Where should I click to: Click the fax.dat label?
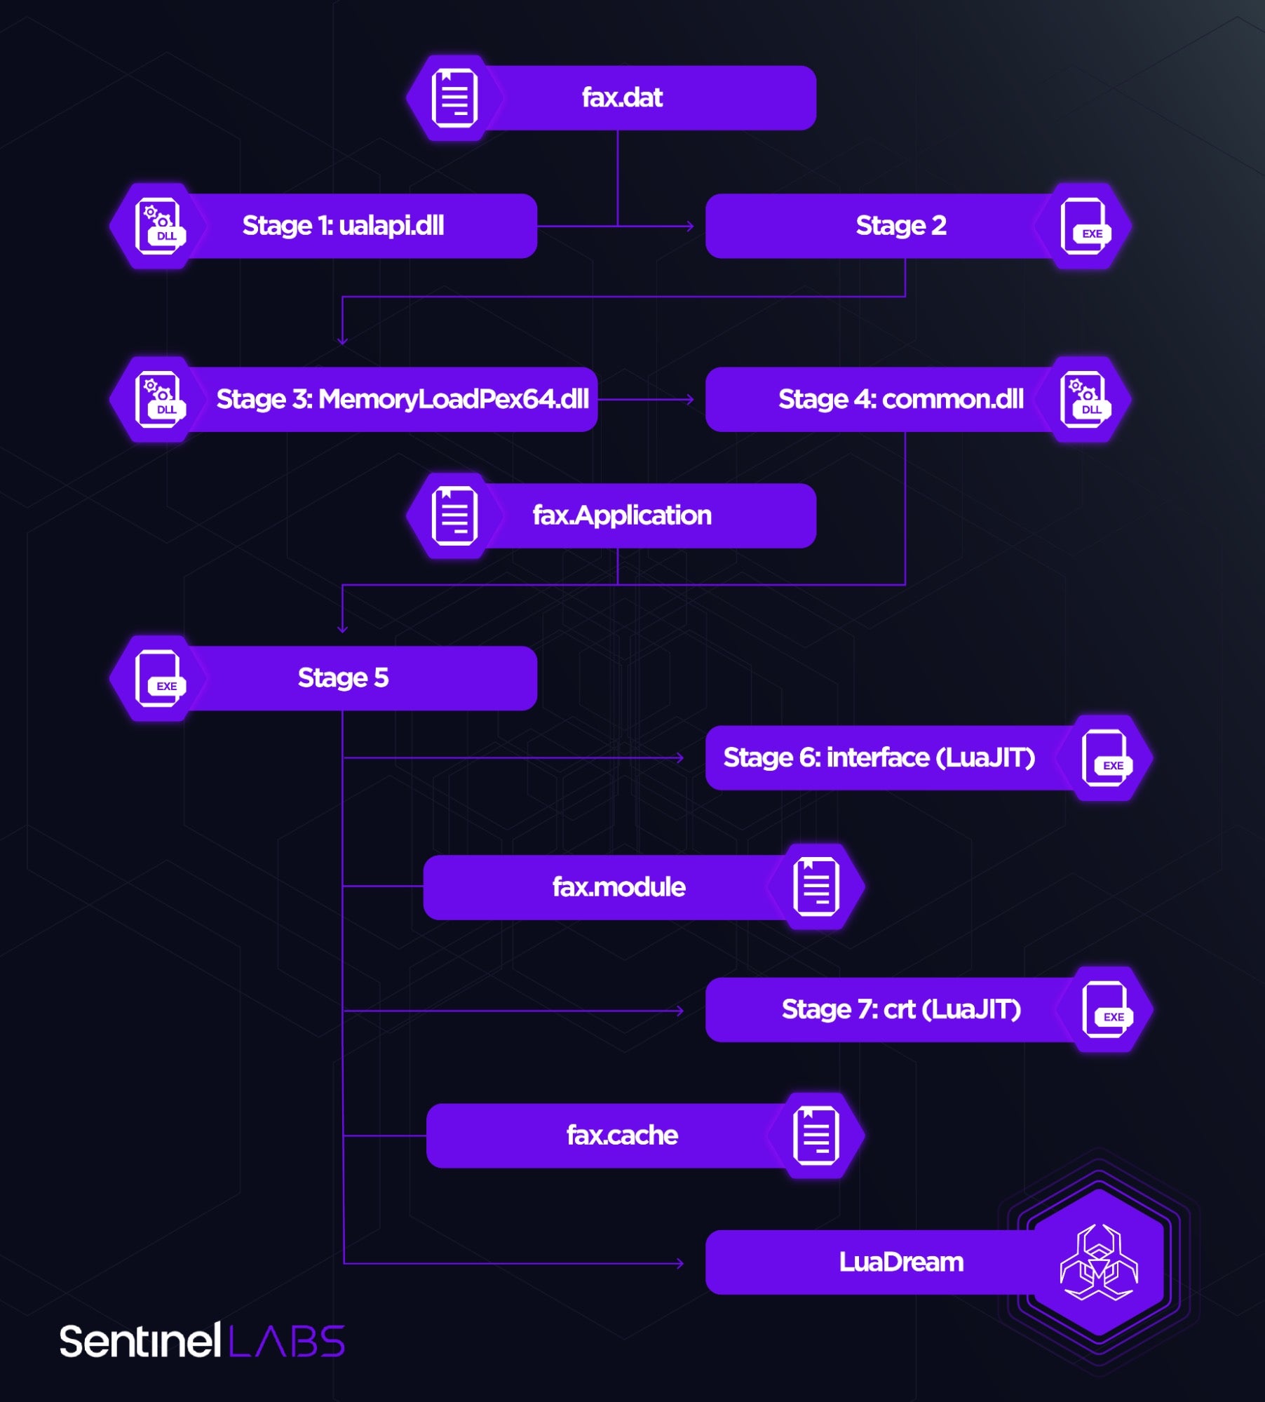pos(622,97)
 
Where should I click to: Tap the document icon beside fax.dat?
pos(454,98)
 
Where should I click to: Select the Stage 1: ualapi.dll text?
pos(343,226)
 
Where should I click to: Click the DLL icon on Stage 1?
pos(158,226)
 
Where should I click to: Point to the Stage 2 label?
pos(900,226)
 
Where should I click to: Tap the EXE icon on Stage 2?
pos(1084,226)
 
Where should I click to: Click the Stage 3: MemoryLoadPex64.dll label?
pos(402,399)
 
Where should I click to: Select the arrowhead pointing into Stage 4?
pos(690,399)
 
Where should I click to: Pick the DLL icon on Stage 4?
pos(1084,400)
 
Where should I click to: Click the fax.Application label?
pos(622,515)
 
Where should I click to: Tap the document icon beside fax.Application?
pos(454,516)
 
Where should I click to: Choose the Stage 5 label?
pos(343,678)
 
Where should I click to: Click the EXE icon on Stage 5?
pos(158,678)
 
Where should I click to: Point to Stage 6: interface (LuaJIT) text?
pos(879,757)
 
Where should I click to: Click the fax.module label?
pos(618,887)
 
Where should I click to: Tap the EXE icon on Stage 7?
pos(1106,1010)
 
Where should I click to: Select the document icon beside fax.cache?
pos(816,1135)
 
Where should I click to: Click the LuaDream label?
pos(901,1262)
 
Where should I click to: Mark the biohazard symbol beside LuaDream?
pos(1099,1262)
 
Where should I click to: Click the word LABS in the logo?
pos(287,1342)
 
